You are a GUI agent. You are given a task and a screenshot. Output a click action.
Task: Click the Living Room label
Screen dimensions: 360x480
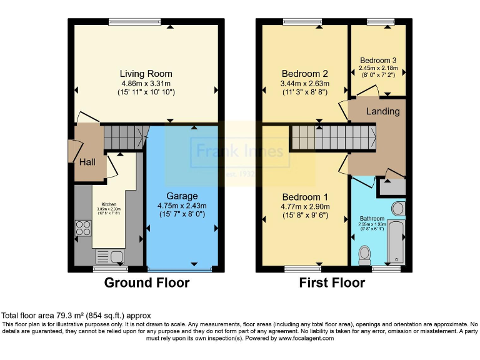(146, 74)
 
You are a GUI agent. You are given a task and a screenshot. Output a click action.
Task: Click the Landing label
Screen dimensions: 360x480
(382, 111)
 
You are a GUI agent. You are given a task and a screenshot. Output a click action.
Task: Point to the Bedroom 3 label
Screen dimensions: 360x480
(377, 61)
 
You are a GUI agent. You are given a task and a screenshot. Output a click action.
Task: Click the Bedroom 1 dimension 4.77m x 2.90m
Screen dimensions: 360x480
(304, 207)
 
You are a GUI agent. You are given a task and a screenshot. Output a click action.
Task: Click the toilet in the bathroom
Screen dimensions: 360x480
(365, 254)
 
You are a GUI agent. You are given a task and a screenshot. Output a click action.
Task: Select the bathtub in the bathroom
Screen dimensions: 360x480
(396, 242)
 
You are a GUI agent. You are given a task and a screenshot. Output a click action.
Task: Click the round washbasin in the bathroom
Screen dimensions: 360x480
(397, 208)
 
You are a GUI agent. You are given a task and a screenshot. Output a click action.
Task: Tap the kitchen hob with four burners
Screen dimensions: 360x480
(82, 229)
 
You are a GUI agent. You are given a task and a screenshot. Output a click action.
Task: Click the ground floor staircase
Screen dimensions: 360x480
(122, 137)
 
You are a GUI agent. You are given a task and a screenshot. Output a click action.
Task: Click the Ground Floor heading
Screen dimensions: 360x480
(146, 282)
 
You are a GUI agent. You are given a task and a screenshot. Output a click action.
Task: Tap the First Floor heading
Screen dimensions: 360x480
(332, 282)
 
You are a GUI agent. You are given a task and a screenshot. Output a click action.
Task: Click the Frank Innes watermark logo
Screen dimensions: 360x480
(240, 152)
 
